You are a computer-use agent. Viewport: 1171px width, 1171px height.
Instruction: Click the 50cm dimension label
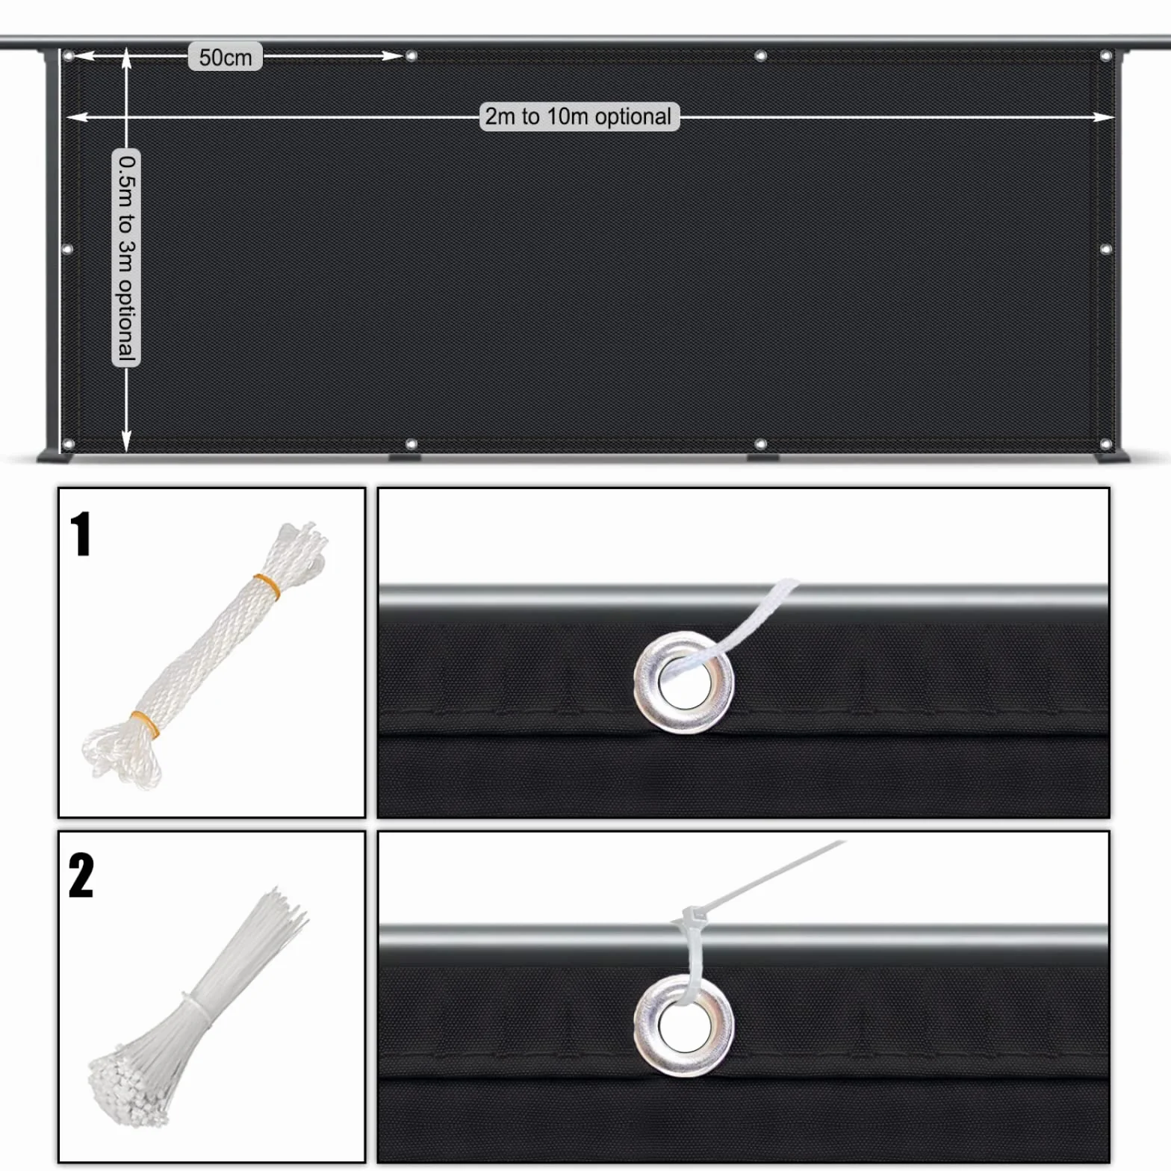(225, 57)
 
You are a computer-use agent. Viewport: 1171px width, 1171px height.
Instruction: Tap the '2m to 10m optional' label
(579, 117)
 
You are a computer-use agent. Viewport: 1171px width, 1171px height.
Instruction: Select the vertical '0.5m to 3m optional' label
(126, 258)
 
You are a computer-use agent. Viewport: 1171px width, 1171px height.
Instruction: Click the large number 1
(81, 534)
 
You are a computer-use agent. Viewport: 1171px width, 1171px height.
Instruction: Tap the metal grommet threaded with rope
(683, 682)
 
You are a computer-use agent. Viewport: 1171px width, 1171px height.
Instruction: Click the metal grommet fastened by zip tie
(683, 1025)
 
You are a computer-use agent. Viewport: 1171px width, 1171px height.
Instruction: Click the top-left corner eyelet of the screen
(69, 56)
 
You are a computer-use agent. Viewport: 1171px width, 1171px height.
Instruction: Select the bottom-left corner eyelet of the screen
(69, 444)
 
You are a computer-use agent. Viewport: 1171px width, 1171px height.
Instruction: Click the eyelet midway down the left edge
(67, 249)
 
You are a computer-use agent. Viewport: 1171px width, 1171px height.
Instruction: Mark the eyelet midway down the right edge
(1106, 249)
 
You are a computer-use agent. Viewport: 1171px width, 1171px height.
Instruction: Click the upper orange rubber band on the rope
(267, 586)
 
